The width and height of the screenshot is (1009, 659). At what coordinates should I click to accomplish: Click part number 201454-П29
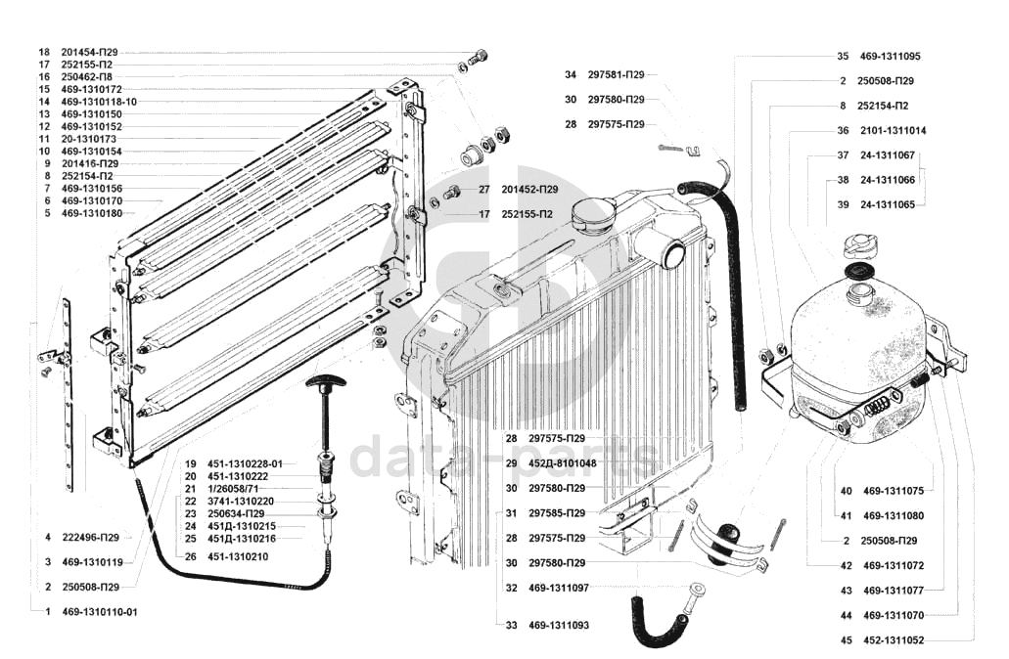(95, 52)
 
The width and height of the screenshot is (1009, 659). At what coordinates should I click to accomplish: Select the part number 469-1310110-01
(99, 612)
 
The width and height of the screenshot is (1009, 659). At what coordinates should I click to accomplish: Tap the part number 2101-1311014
(894, 130)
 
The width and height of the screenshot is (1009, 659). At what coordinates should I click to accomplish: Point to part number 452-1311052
(894, 640)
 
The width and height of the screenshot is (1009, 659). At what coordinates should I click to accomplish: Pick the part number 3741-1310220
(239, 501)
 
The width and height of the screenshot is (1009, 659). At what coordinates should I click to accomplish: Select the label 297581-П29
(616, 74)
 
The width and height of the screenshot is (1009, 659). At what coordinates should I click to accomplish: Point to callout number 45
(846, 640)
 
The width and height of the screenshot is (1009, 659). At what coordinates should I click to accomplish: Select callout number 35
(843, 56)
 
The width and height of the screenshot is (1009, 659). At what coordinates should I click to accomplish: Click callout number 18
(43, 52)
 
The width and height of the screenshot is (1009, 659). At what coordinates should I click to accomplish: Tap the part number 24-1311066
(887, 180)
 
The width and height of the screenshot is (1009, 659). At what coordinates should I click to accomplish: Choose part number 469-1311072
(894, 565)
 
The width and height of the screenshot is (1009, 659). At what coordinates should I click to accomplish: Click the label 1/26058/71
(233, 488)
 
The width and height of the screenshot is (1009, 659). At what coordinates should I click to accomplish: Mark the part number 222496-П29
(95, 537)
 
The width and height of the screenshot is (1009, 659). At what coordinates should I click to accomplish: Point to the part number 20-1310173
(91, 139)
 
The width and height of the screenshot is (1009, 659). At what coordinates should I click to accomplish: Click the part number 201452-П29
(529, 189)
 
